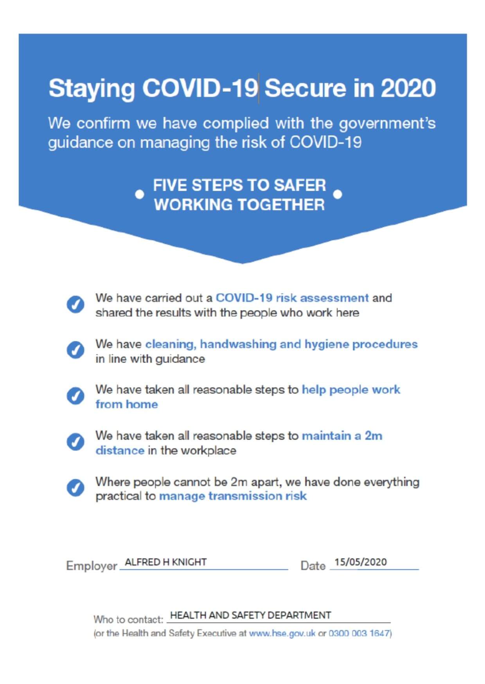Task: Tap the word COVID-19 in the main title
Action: pyautogui.click(x=199, y=88)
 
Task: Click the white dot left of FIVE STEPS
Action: pyautogui.click(x=139, y=194)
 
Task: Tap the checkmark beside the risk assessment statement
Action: pyautogui.click(x=75, y=305)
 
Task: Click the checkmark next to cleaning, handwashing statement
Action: pyautogui.click(x=75, y=350)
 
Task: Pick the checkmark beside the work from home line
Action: pyautogui.click(x=75, y=396)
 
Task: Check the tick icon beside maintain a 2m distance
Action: pyautogui.click(x=75, y=442)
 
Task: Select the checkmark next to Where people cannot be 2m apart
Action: pyautogui.click(x=75, y=488)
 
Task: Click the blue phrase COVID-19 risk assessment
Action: pyautogui.click(x=292, y=298)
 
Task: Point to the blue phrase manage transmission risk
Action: pyautogui.click(x=233, y=496)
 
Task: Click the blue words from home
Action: pyautogui.click(x=126, y=404)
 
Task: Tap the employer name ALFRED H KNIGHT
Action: pyautogui.click(x=165, y=562)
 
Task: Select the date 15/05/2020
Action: pyautogui.click(x=360, y=562)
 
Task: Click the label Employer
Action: pyautogui.click(x=92, y=566)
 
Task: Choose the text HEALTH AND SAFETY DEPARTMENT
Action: pyautogui.click(x=250, y=615)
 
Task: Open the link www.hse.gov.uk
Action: pyautogui.click(x=282, y=633)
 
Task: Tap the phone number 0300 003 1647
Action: pyautogui.click(x=359, y=633)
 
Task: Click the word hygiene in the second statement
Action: pyautogui.click(x=327, y=344)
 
